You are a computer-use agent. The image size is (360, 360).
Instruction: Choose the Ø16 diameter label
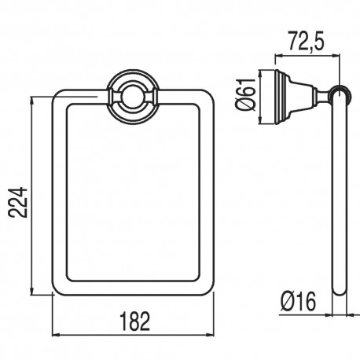[x=299, y=299]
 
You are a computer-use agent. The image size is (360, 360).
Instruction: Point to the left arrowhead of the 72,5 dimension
[x=277, y=56]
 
